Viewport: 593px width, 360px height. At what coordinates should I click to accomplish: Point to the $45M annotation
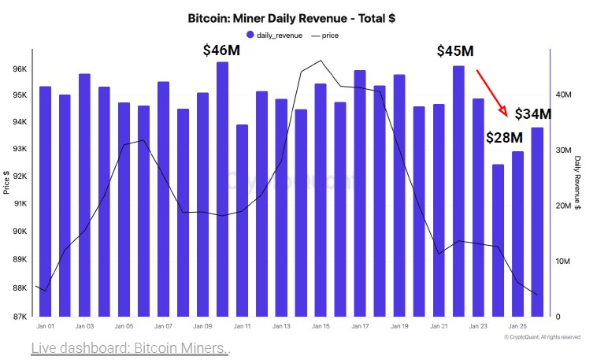coord(455,51)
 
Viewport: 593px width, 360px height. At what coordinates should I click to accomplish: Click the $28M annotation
coord(504,137)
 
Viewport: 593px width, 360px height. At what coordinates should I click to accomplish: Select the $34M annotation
coord(533,113)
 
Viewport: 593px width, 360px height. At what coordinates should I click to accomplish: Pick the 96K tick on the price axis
coord(20,69)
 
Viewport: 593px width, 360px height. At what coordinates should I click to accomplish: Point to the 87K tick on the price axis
coord(20,317)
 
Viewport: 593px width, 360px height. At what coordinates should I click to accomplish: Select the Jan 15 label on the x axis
coord(321,326)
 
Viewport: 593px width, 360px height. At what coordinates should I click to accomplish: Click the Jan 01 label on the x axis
coord(45,326)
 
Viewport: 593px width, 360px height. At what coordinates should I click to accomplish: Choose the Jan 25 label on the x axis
coord(517,326)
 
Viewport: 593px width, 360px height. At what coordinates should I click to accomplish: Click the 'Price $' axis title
coord(6,183)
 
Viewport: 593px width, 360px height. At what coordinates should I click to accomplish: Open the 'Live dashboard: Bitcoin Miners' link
coord(131,348)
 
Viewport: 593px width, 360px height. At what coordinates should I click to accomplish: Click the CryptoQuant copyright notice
coord(542,337)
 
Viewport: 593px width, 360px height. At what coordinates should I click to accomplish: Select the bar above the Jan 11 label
coord(242,221)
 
